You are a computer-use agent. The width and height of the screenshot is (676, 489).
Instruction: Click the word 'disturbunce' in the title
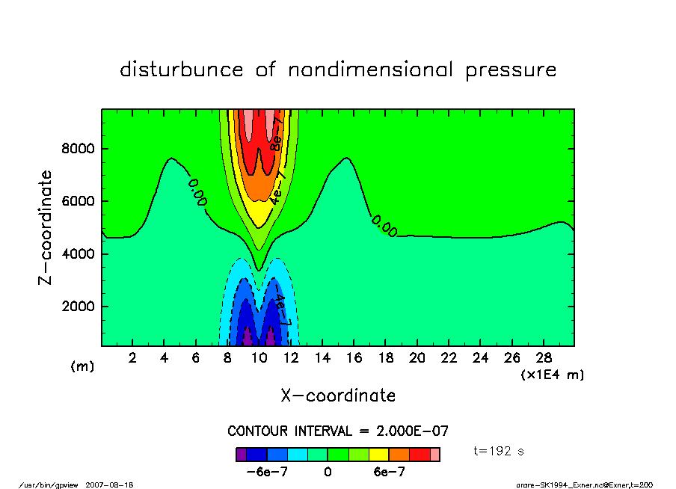[182, 70]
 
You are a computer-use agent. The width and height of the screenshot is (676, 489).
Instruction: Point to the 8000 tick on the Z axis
[77, 149]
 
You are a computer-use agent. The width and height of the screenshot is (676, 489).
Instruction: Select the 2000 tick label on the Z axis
[77, 307]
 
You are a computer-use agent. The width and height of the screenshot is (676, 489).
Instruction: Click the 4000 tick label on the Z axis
[77, 254]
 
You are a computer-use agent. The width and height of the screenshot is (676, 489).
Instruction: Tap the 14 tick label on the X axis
[322, 358]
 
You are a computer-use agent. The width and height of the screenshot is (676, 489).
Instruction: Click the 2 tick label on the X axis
[133, 358]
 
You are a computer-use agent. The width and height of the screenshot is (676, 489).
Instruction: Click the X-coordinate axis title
[338, 396]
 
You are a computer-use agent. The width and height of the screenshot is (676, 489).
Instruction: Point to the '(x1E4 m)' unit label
[552, 374]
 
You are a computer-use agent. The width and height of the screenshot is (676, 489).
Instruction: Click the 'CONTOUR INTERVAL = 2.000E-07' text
[337, 431]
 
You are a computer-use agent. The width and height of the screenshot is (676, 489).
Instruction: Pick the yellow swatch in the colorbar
[378, 454]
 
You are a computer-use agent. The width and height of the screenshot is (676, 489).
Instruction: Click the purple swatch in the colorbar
[241, 454]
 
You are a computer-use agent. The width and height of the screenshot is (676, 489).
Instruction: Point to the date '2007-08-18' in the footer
[114, 485]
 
